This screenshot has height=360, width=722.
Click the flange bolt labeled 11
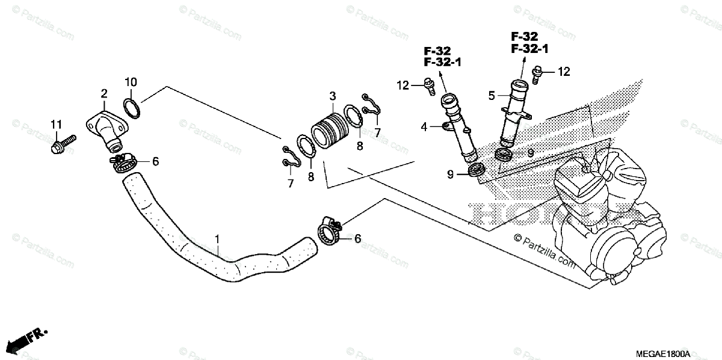63,144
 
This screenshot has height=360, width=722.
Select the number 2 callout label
104,93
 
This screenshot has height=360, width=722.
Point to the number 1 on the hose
217,241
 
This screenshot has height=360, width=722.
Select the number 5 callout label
491,95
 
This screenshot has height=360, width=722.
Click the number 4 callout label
424,126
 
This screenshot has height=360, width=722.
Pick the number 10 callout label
131,82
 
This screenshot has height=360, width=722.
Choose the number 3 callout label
332,96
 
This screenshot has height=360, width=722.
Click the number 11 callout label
56,125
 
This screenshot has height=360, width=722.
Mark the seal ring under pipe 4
477,171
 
